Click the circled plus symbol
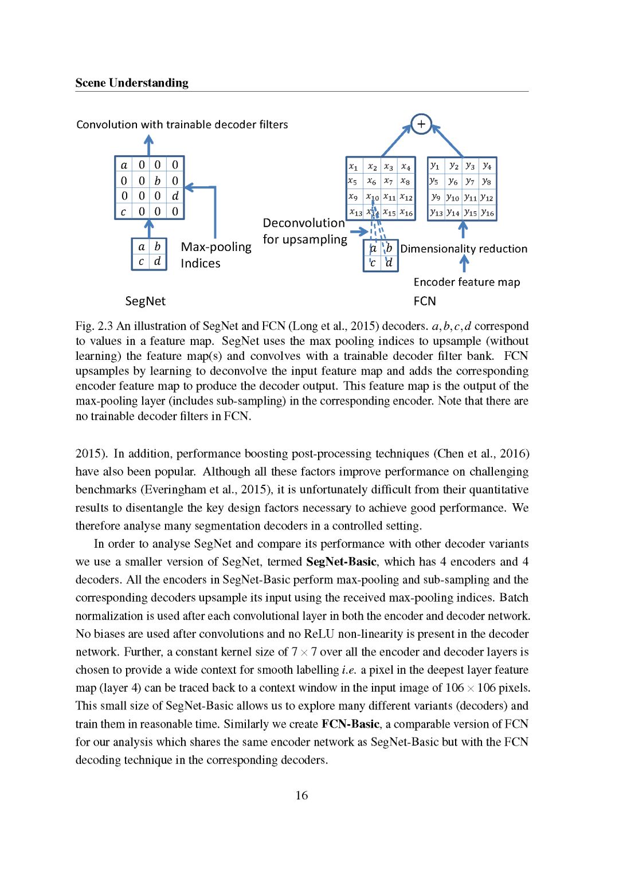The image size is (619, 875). [421, 124]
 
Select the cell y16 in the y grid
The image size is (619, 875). [487, 213]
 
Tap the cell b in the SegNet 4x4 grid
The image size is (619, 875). [158, 181]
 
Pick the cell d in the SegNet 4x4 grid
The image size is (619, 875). [175, 196]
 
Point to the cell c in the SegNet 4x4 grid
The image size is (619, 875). [123, 211]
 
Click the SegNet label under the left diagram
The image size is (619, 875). [145, 301]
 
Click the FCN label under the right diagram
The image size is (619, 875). [425, 301]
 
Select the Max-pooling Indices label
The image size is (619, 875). [216, 255]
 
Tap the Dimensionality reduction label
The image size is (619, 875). [464, 249]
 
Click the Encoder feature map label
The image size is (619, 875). [467, 282]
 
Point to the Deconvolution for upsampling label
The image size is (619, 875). [304, 231]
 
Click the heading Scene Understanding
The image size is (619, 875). [132, 83]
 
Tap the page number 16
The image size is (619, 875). [301, 795]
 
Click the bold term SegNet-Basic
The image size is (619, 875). [342, 562]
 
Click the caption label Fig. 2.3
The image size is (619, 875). [94, 326]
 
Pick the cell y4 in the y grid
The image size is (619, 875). [487, 166]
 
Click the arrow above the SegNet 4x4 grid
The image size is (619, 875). [149, 145]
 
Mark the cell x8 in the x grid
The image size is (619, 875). [405, 182]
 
